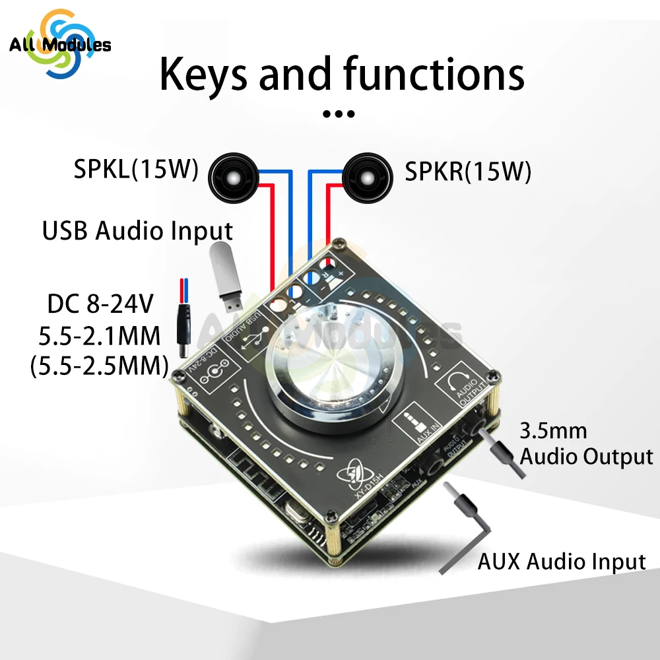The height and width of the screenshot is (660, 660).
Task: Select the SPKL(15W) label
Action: coord(136,170)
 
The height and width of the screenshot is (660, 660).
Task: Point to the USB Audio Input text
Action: coord(137,231)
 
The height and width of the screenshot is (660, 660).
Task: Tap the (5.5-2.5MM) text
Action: coord(99,366)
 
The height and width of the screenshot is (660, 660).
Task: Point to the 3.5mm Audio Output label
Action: coord(586,444)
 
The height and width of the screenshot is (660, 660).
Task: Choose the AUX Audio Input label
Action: coord(561,562)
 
